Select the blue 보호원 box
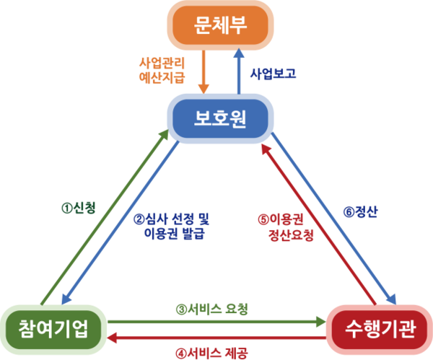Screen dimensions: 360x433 (x=221, y=118)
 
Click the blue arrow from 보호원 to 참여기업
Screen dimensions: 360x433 (x=123, y=224)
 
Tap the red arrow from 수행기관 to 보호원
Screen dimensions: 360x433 (x=318, y=224)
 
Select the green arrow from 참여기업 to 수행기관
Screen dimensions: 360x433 (x=216, y=322)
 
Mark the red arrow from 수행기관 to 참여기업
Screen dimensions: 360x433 (x=216, y=338)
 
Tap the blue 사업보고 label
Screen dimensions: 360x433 (x=273, y=73)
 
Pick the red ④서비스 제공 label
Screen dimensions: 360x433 (x=212, y=353)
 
